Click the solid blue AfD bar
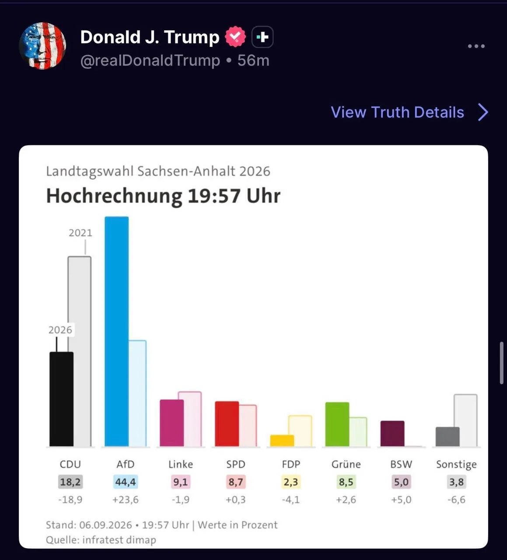(x=117, y=331)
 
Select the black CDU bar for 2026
(x=61, y=399)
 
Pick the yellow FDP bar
(x=282, y=441)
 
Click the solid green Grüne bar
(x=337, y=424)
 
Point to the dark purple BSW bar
(x=392, y=434)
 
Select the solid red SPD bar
(x=227, y=424)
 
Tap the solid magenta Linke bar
(x=172, y=423)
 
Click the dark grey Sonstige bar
(x=448, y=437)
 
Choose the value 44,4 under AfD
(x=126, y=482)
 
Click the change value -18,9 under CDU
(x=70, y=500)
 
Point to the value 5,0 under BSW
(x=401, y=482)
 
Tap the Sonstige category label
(x=456, y=465)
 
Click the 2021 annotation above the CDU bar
(x=80, y=233)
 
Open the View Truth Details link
(x=409, y=112)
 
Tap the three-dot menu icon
(x=476, y=46)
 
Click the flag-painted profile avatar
(x=42, y=46)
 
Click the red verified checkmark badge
(x=235, y=37)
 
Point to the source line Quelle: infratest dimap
(x=101, y=539)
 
